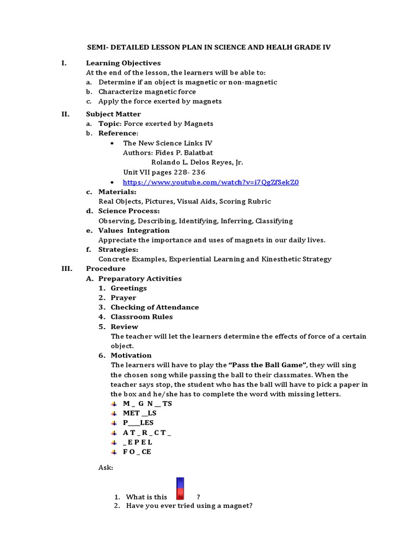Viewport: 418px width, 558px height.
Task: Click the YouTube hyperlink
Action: (211, 182)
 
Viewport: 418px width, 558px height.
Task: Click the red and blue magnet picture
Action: (180, 489)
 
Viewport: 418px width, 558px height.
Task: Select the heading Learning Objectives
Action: (123, 63)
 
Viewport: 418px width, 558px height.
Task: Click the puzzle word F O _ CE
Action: (137, 452)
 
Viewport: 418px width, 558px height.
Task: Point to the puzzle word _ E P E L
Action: (138, 442)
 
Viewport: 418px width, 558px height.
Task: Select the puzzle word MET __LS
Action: (140, 413)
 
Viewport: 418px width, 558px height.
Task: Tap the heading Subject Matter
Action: (113, 114)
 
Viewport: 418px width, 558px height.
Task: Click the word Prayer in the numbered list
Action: (124, 298)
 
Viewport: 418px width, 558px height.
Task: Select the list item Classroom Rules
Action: (142, 317)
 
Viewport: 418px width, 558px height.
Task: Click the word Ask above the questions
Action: (106, 468)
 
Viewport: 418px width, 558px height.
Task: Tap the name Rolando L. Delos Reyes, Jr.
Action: (197, 162)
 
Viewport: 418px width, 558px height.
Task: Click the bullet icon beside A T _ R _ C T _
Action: (114, 433)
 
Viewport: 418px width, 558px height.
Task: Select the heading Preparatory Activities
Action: (140, 278)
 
